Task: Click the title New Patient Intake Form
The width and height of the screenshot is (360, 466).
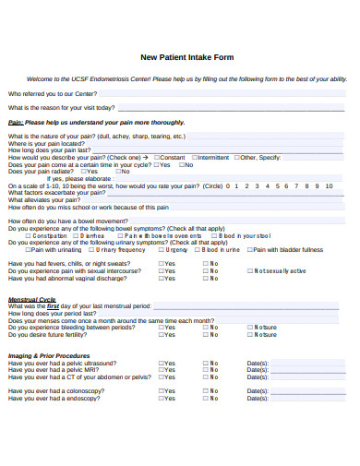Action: (x=186, y=57)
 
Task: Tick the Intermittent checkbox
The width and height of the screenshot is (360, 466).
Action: (x=194, y=158)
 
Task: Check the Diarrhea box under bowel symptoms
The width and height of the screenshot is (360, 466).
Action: (x=77, y=235)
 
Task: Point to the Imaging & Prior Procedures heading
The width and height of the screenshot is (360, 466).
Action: (x=49, y=355)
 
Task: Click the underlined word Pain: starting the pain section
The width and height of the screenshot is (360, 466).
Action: (x=16, y=122)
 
